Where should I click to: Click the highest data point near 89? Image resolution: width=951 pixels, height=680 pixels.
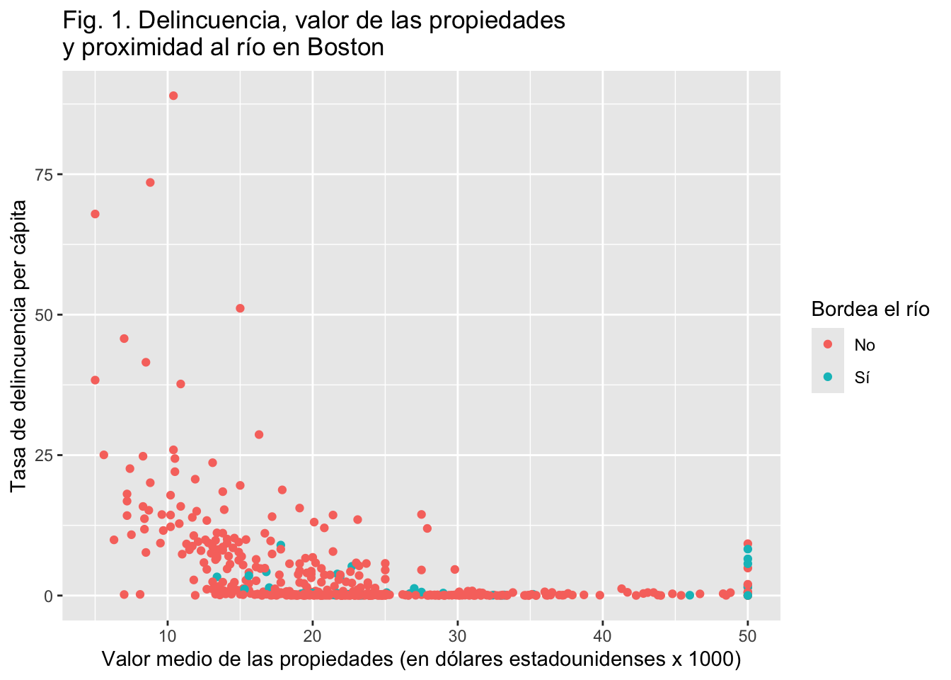[x=173, y=96]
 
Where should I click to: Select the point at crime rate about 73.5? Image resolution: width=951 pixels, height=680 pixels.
[x=150, y=182]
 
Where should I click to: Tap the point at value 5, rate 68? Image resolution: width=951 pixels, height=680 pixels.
[x=95, y=214]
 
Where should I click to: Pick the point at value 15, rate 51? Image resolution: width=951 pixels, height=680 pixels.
[x=240, y=308]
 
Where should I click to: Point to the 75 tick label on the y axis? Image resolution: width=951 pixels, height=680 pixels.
[x=45, y=175]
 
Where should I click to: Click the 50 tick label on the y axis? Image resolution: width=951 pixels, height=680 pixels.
[x=45, y=315]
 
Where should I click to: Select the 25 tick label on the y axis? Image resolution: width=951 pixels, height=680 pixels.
[x=45, y=455]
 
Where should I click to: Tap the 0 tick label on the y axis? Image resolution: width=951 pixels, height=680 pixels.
[x=49, y=596]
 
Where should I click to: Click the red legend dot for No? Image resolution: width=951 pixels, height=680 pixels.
[x=828, y=344]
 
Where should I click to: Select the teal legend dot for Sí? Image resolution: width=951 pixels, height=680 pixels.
[x=828, y=377]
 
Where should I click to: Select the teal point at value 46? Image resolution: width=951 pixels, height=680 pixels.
[x=689, y=595]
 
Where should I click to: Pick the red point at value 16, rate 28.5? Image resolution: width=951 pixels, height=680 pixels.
[x=259, y=434]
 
